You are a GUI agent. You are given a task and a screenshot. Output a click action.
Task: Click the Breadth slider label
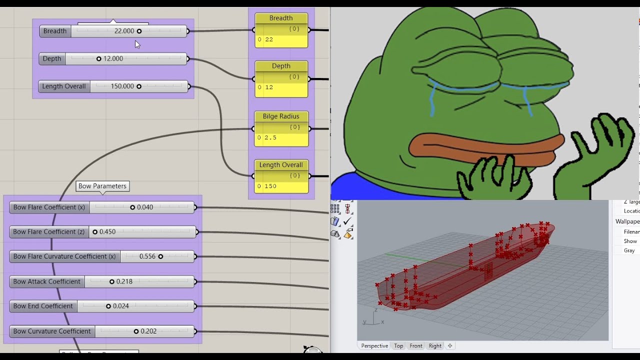(55, 31)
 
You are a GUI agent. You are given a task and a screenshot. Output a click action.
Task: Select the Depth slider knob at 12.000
(98, 58)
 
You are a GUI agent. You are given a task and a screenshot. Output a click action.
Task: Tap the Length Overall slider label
(64, 86)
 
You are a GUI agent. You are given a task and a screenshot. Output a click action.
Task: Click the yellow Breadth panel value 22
(269, 39)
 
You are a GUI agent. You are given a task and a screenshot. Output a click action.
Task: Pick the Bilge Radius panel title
(281, 116)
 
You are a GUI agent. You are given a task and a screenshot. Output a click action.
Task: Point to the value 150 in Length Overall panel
(270, 186)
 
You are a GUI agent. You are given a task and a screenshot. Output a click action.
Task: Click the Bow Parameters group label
(102, 186)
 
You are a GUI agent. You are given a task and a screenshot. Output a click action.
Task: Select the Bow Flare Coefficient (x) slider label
(49, 207)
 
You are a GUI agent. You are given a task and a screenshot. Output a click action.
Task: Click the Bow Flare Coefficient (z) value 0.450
(107, 232)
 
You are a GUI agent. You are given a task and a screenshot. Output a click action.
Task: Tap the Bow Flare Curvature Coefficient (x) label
(64, 256)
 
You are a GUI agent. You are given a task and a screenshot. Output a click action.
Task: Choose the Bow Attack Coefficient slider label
(47, 281)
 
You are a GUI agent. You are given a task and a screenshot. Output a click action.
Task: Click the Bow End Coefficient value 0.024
(121, 306)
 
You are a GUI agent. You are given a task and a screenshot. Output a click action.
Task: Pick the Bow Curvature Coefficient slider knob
(136, 331)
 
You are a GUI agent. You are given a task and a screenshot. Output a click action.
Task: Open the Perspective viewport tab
(374, 346)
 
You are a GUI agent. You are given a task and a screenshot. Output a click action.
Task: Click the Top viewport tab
(398, 346)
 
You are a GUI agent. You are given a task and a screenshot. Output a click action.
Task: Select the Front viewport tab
(416, 346)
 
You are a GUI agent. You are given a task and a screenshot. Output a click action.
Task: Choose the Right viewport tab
(435, 346)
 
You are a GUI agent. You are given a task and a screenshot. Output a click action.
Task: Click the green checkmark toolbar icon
(348, 221)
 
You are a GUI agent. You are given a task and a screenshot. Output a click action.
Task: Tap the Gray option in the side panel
(629, 250)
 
